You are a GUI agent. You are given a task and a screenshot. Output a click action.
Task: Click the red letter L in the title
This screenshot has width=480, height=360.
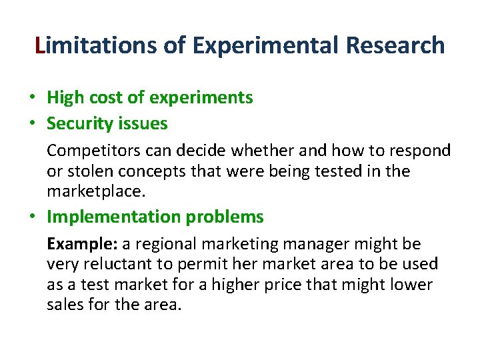(x=41, y=45)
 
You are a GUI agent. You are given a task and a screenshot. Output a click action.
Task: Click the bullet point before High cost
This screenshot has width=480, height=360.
(x=32, y=98)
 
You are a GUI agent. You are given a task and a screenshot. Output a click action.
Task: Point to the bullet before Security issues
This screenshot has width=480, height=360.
(x=32, y=124)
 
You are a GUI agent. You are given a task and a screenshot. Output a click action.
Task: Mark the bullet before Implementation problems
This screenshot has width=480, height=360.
(x=32, y=217)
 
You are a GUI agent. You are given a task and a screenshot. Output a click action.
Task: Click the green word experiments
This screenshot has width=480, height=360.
(x=201, y=98)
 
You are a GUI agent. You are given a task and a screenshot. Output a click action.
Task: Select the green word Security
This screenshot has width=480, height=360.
(x=79, y=124)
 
